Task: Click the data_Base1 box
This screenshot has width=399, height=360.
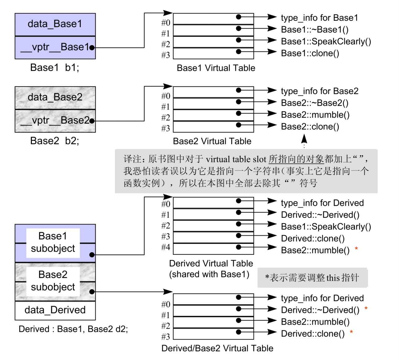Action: pos(55,25)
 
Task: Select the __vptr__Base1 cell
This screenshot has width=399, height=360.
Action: pos(55,48)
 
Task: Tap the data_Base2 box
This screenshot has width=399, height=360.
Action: pos(55,98)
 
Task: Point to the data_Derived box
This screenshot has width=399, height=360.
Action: pos(55,310)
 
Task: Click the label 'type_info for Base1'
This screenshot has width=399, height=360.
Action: pos(319,18)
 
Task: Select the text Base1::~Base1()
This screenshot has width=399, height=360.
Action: pos(315,30)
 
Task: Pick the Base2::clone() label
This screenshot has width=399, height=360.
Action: pos(310,126)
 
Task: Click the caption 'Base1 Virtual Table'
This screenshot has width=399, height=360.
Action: pos(216,68)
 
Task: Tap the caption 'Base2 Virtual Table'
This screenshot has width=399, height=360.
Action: pos(212,141)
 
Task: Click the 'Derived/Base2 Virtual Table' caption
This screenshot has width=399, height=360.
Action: pos(217,348)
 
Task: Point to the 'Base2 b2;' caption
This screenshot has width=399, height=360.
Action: pos(54,141)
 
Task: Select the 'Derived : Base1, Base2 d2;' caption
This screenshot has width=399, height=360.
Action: pos(73,329)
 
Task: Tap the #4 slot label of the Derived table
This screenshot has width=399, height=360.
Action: pos(166,247)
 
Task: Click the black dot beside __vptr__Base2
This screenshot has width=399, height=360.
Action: pos(92,121)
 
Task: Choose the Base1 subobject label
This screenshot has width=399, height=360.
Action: pos(53,242)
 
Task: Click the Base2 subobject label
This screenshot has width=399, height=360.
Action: pos(53,281)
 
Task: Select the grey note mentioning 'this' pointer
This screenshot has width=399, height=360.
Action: pos(312,277)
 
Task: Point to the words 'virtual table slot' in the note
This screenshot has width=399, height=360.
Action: pos(236,159)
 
